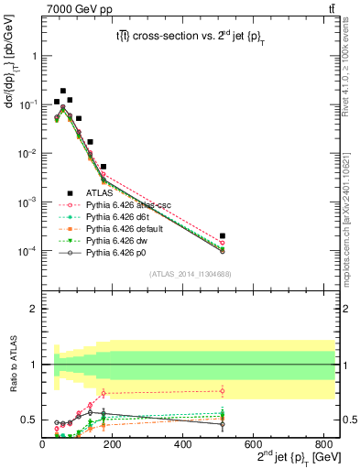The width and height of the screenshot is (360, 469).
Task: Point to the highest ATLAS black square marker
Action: pos(63,92)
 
